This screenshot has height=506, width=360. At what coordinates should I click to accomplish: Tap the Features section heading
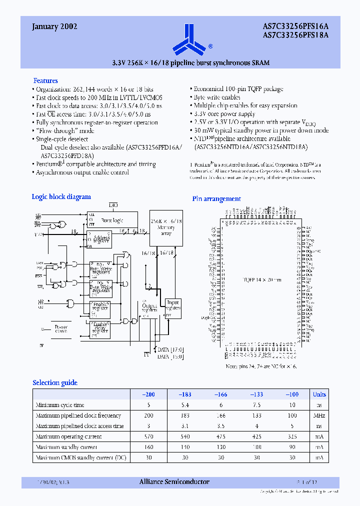45,80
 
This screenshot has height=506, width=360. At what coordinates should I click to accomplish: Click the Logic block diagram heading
61,197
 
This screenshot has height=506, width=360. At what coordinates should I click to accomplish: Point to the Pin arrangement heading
216,199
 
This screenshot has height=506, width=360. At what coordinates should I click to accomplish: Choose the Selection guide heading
55,383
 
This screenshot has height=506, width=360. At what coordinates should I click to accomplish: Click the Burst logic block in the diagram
111,220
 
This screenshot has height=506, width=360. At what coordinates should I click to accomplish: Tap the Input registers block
173,307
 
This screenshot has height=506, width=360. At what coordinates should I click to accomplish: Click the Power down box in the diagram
60,329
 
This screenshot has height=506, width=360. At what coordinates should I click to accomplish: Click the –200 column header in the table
149,394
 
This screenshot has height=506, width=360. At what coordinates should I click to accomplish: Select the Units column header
319,394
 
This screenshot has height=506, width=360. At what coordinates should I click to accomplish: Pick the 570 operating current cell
149,436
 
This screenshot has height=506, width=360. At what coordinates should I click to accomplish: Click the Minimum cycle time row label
60,405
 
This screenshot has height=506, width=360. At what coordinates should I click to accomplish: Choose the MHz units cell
319,415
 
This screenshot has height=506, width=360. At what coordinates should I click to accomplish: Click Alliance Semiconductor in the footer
174,482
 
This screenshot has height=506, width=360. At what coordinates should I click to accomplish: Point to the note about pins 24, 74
260,367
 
